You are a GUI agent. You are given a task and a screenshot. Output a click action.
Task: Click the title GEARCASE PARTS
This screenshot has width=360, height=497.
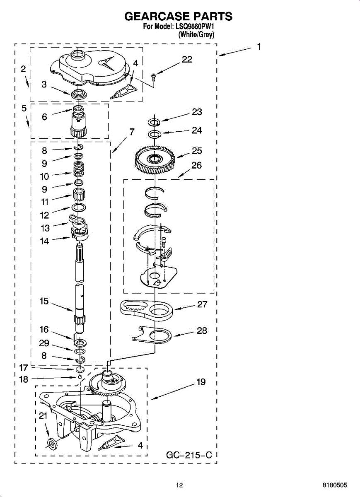[x=178, y=17]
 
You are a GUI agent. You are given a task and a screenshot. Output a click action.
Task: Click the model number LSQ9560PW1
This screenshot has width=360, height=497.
[x=196, y=27]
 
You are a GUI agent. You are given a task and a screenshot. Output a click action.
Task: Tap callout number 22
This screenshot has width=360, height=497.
[x=187, y=60]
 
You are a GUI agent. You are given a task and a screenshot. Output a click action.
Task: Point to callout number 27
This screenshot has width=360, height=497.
[x=202, y=304]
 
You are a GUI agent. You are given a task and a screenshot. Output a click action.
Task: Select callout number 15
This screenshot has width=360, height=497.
[x=44, y=302]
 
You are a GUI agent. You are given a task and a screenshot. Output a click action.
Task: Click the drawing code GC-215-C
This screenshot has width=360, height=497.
[x=189, y=456]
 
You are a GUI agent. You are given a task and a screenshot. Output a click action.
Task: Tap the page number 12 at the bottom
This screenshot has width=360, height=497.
[x=179, y=485]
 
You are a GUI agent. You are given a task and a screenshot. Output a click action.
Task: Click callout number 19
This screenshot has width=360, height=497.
[x=201, y=382]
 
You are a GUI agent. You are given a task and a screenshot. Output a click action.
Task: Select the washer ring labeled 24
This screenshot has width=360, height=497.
[x=155, y=134]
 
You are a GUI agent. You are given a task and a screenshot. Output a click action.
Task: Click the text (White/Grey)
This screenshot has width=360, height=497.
[x=196, y=35]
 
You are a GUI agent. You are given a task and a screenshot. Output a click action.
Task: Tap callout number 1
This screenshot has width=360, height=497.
[x=259, y=47]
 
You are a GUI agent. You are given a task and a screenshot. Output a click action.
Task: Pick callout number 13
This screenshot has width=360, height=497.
[x=45, y=228]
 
